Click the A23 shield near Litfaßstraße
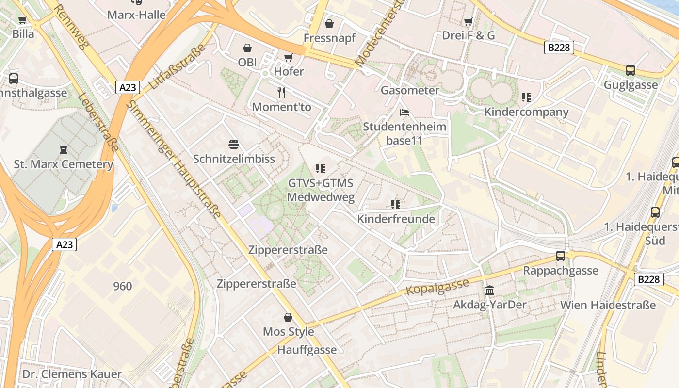point(128,87)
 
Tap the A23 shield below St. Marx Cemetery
point(64,244)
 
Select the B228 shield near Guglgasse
point(559,48)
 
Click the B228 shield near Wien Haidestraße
point(649,279)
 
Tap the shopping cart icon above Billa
point(22,20)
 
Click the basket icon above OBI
point(247,48)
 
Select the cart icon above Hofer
point(288,57)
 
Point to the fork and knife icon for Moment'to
point(281,92)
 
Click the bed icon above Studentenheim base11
point(404,113)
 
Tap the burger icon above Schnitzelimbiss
point(234,145)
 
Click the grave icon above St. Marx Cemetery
point(63,149)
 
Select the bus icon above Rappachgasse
point(561,256)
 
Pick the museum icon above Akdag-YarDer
point(490,291)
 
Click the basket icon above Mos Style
point(288,317)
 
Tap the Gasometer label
point(410,90)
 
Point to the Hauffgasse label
point(307,350)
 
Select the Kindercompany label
point(526,112)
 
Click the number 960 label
point(122,286)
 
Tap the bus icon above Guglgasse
point(630,70)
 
